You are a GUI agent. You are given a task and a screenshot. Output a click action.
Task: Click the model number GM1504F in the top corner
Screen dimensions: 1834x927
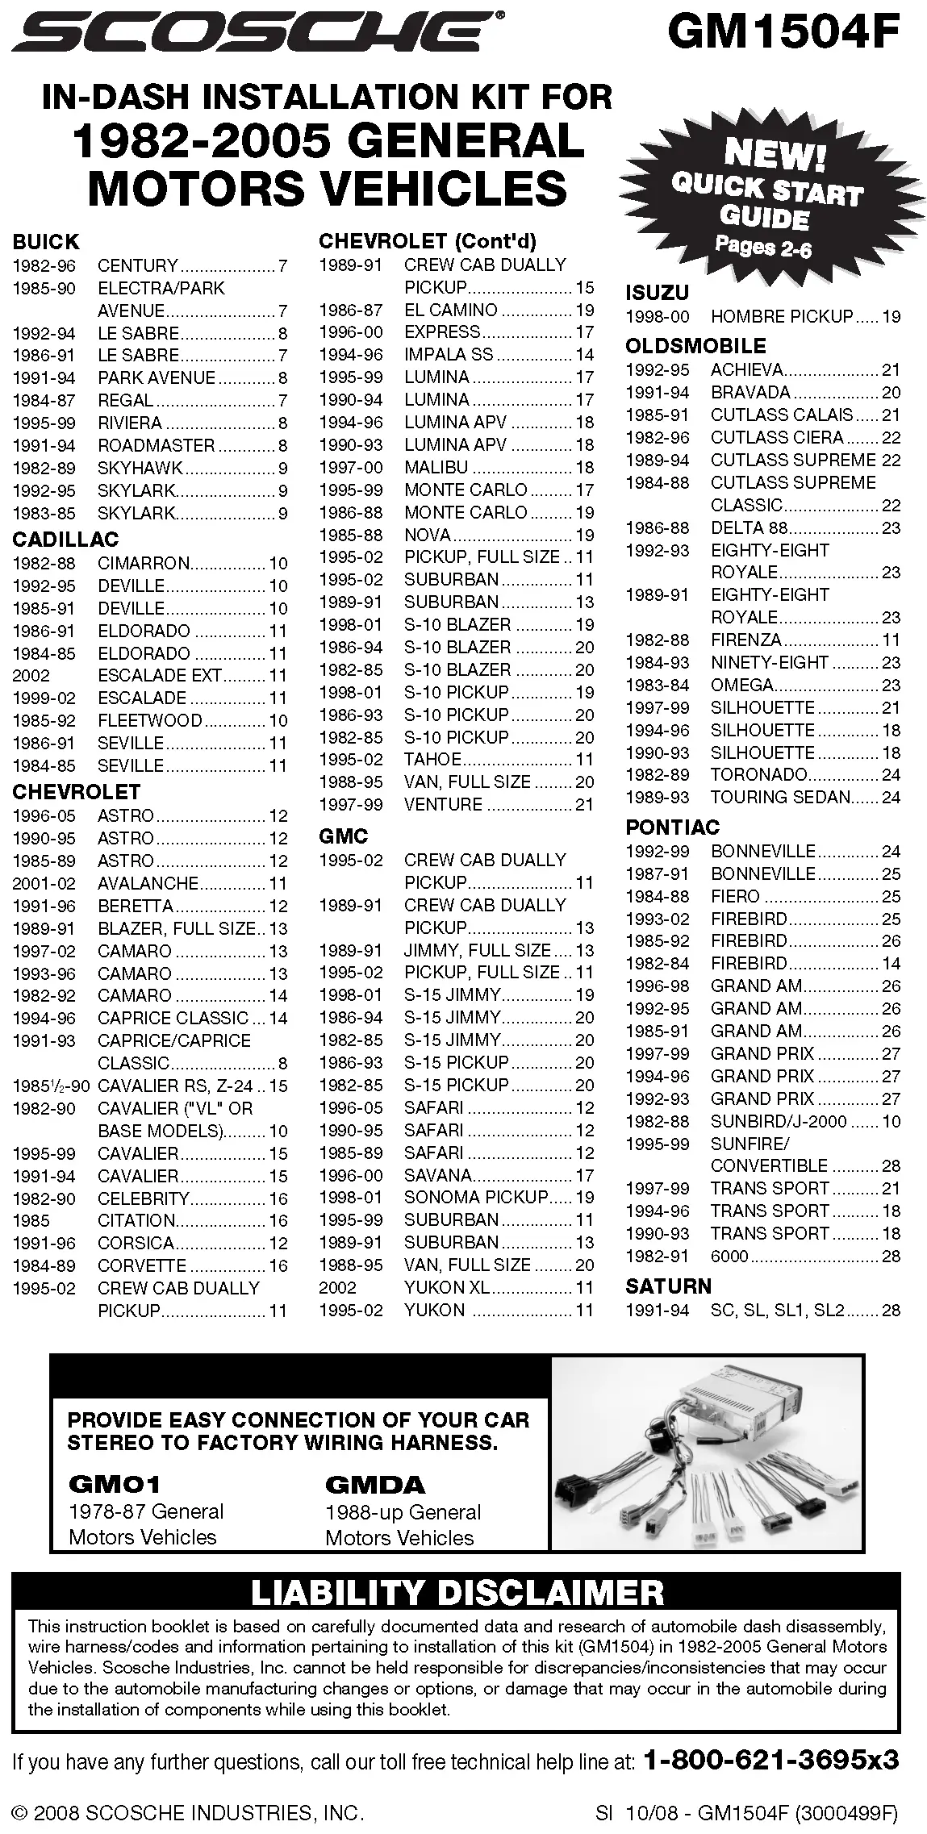pyautogui.click(x=783, y=34)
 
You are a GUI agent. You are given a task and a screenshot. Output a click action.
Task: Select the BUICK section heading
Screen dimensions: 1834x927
pyautogui.click(x=46, y=242)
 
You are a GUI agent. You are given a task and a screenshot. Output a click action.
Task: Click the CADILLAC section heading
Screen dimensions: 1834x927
pyautogui.click(x=65, y=540)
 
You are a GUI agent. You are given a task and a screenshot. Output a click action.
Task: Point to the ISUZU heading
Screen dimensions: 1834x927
pyautogui.click(x=657, y=293)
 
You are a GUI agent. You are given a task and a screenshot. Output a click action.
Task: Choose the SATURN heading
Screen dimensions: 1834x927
pyautogui.click(x=668, y=1286)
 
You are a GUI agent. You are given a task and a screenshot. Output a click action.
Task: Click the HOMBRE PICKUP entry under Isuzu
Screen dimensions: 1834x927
pyautogui.click(x=781, y=317)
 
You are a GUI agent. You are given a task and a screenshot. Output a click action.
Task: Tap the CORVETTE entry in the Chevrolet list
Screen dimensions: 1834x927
pyautogui.click(x=142, y=1265)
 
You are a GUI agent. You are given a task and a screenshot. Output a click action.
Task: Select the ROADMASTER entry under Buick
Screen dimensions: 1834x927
pyautogui.click(x=157, y=445)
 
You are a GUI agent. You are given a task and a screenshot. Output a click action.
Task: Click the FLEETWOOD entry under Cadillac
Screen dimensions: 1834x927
pyautogui.click(x=150, y=720)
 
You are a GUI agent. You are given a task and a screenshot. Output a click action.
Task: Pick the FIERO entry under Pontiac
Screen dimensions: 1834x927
pyautogui.click(x=735, y=896)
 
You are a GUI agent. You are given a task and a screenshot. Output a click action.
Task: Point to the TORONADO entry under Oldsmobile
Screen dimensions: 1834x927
pyautogui.click(x=758, y=774)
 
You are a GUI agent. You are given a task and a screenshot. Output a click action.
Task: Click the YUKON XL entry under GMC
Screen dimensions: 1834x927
pyautogui.click(x=447, y=1287)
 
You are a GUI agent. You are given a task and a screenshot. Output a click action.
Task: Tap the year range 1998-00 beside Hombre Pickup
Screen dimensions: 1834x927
pyautogui.click(x=658, y=317)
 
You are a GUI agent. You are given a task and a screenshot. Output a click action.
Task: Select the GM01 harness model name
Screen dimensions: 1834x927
pyautogui.click(x=115, y=1484)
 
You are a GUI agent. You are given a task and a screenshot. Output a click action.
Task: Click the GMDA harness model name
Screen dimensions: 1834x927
pyautogui.click(x=374, y=1484)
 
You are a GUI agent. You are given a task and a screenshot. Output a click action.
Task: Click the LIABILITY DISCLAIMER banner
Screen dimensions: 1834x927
pyautogui.click(x=457, y=1592)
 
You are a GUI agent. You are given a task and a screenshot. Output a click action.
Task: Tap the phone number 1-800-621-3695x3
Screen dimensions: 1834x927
pyautogui.click(x=770, y=1760)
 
